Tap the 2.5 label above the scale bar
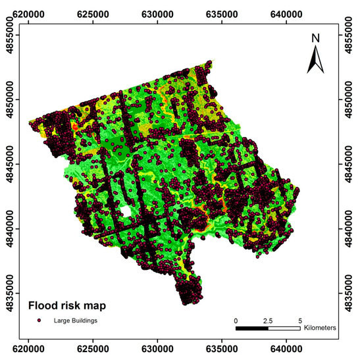(x=268, y=319)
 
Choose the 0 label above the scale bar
(x=236, y=319)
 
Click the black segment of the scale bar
(x=252, y=327)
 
